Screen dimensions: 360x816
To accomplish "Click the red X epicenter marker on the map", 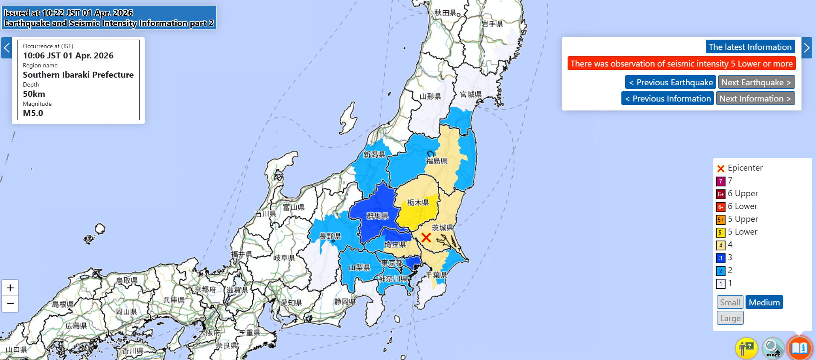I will point(426,238).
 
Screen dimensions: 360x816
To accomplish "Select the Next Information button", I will point(755,99).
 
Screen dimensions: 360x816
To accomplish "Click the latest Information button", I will point(750,47).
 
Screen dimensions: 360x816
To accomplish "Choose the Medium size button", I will point(764,302).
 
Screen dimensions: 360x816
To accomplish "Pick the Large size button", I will point(730,318).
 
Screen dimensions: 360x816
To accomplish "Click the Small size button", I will point(730,302).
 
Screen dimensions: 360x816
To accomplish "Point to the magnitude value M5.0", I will point(33,113).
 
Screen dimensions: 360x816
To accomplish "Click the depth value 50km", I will point(34,94).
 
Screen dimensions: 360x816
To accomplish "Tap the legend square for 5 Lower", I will point(720,232).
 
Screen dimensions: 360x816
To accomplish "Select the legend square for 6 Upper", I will point(720,194).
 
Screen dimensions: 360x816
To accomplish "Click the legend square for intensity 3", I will point(720,258).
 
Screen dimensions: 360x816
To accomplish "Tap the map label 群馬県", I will point(377,216).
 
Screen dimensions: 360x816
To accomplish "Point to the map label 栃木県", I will point(418,202).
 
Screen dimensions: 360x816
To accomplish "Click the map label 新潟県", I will point(374,154).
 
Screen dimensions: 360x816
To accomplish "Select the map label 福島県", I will point(437,161).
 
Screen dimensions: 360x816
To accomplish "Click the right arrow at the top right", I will point(807,48).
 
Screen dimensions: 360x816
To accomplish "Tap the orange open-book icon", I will point(799,348).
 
